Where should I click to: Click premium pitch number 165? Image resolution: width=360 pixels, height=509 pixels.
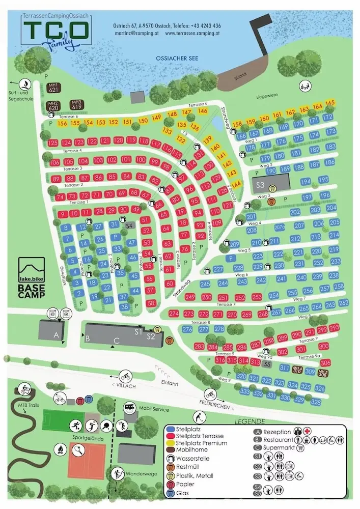click(x=330, y=104)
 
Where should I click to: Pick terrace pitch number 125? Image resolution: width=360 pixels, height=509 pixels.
click(x=53, y=143)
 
